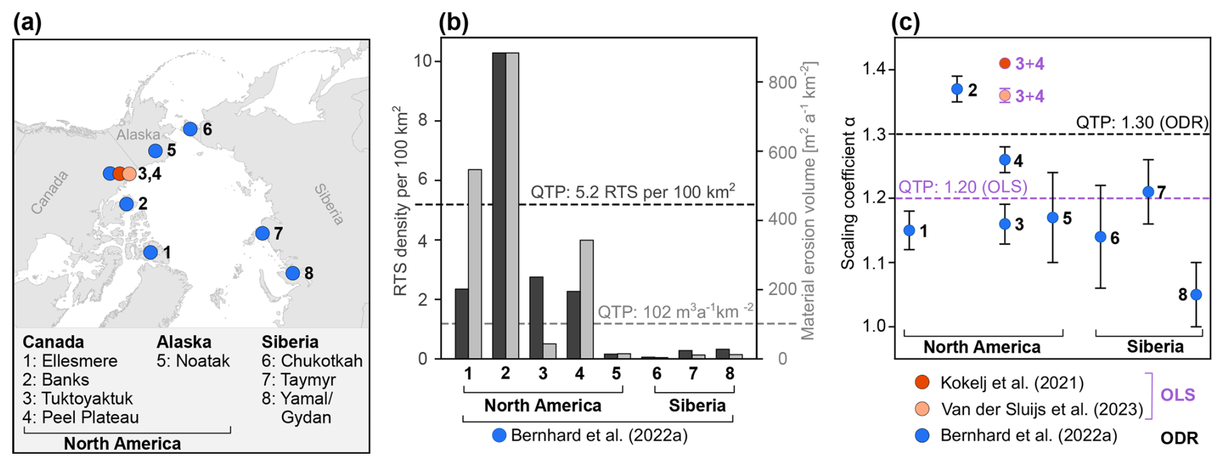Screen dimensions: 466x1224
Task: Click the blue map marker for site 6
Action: tap(190, 129)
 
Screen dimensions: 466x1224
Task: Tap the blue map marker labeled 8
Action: tap(292, 273)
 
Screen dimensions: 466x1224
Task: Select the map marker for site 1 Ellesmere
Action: tap(150, 252)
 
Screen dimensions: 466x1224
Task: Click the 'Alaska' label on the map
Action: tap(138, 135)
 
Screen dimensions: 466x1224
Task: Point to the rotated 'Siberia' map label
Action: tap(329, 204)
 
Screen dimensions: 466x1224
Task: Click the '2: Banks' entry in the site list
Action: tap(56, 380)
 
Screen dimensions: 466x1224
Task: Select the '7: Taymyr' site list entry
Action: tap(298, 380)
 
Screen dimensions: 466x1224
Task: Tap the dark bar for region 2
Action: tap(499, 206)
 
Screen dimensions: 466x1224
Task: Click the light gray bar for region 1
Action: tap(475, 264)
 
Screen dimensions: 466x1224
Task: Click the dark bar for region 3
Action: tap(536, 317)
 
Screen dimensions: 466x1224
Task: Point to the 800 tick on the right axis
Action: tap(782, 83)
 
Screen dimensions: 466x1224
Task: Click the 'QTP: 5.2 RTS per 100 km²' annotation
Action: tap(632, 192)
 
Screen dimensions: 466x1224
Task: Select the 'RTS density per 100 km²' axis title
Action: tap(401, 201)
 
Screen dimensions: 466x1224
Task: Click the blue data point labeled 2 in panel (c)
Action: tap(957, 89)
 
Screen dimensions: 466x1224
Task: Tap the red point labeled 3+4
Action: tap(1005, 63)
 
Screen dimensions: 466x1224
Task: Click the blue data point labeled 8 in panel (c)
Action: tap(1196, 294)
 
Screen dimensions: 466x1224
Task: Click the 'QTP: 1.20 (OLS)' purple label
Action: tap(963, 187)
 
